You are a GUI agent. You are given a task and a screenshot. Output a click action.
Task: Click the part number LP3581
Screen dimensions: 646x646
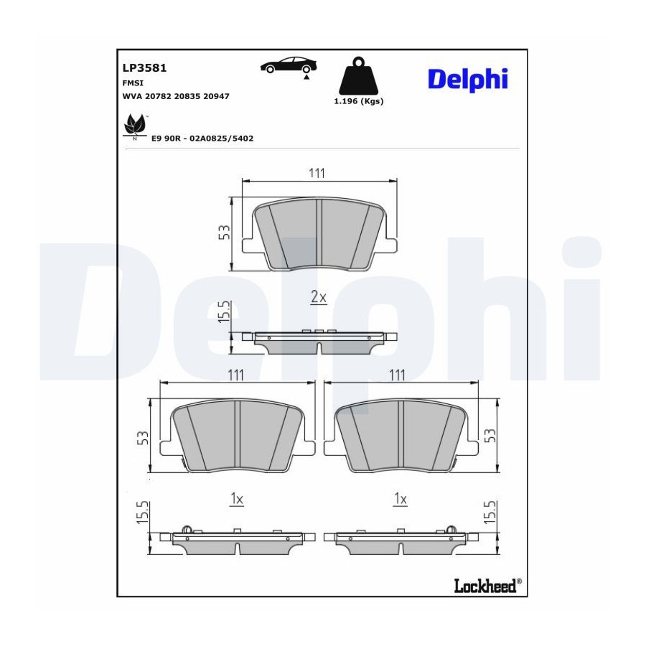[x=144, y=68]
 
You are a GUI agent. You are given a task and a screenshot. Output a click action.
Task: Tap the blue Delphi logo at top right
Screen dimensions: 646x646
[x=468, y=80]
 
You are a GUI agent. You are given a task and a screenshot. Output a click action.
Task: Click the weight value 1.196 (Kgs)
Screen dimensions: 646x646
[x=358, y=101]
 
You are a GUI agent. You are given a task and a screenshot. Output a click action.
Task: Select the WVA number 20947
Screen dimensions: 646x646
[x=216, y=96]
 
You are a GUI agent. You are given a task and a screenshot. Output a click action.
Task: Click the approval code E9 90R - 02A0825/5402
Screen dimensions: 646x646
[x=202, y=139]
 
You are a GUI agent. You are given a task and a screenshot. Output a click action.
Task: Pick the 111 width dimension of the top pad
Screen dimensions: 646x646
[x=317, y=173]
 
